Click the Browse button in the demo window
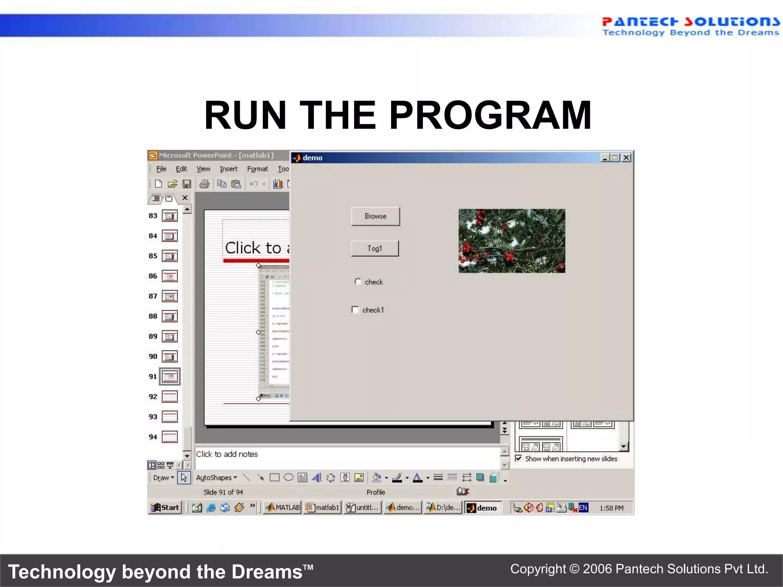click(x=375, y=216)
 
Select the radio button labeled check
click(x=358, y=282)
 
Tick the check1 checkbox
click(x=355, y=310)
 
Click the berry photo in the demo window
click(x=512, y=240)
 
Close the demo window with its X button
click(x=626, y=157)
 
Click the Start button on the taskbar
click(x=165, y=508)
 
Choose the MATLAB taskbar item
click(x=283, y=508)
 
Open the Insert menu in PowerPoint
click(x=228, y=169)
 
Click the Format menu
click(x=257, y=169)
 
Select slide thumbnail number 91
click(x=169, y=377)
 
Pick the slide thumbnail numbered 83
click(x=169, y=216)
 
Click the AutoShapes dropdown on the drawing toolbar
click(x=216, y=478)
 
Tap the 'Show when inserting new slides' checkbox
click(x=518, y=458)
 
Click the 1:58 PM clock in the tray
click(x=611, y=508)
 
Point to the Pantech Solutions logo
click(x=690, y=26)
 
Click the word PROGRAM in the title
click(x=490, y=115)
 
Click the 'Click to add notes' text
click(x=227, y=454)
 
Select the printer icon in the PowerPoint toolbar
click(x=204, y=184)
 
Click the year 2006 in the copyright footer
click(x=597, y=569)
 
